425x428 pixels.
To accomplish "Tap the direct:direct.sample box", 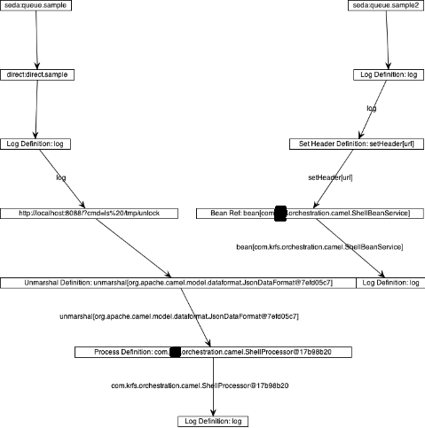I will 35,74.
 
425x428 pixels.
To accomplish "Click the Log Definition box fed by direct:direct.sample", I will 35,144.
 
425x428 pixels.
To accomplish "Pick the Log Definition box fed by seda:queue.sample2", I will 386,74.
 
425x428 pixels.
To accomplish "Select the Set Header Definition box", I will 352,144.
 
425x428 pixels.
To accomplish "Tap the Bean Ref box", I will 310,213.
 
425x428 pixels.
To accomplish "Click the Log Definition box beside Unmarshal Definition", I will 390,282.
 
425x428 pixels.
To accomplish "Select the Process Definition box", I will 213,352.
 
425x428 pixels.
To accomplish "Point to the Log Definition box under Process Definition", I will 213,421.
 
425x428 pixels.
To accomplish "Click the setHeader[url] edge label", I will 330,177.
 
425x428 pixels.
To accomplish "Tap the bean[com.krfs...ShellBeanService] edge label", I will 320,245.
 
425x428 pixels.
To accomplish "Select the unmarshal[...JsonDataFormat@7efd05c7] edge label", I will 179,315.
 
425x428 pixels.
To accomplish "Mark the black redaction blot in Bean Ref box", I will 280,213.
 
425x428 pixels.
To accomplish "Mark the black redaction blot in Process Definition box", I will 175,352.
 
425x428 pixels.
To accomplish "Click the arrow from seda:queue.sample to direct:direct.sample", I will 36,40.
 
